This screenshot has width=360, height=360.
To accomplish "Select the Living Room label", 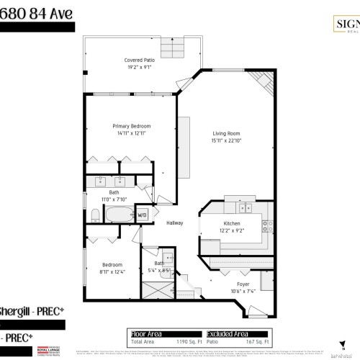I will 225,133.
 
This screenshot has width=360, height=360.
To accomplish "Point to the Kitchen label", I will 231,224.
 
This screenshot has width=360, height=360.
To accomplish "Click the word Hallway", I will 175,222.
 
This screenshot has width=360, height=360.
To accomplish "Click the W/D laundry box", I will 143,215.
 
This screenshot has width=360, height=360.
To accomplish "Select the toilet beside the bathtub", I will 95,214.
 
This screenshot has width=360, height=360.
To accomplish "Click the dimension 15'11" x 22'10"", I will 225,140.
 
